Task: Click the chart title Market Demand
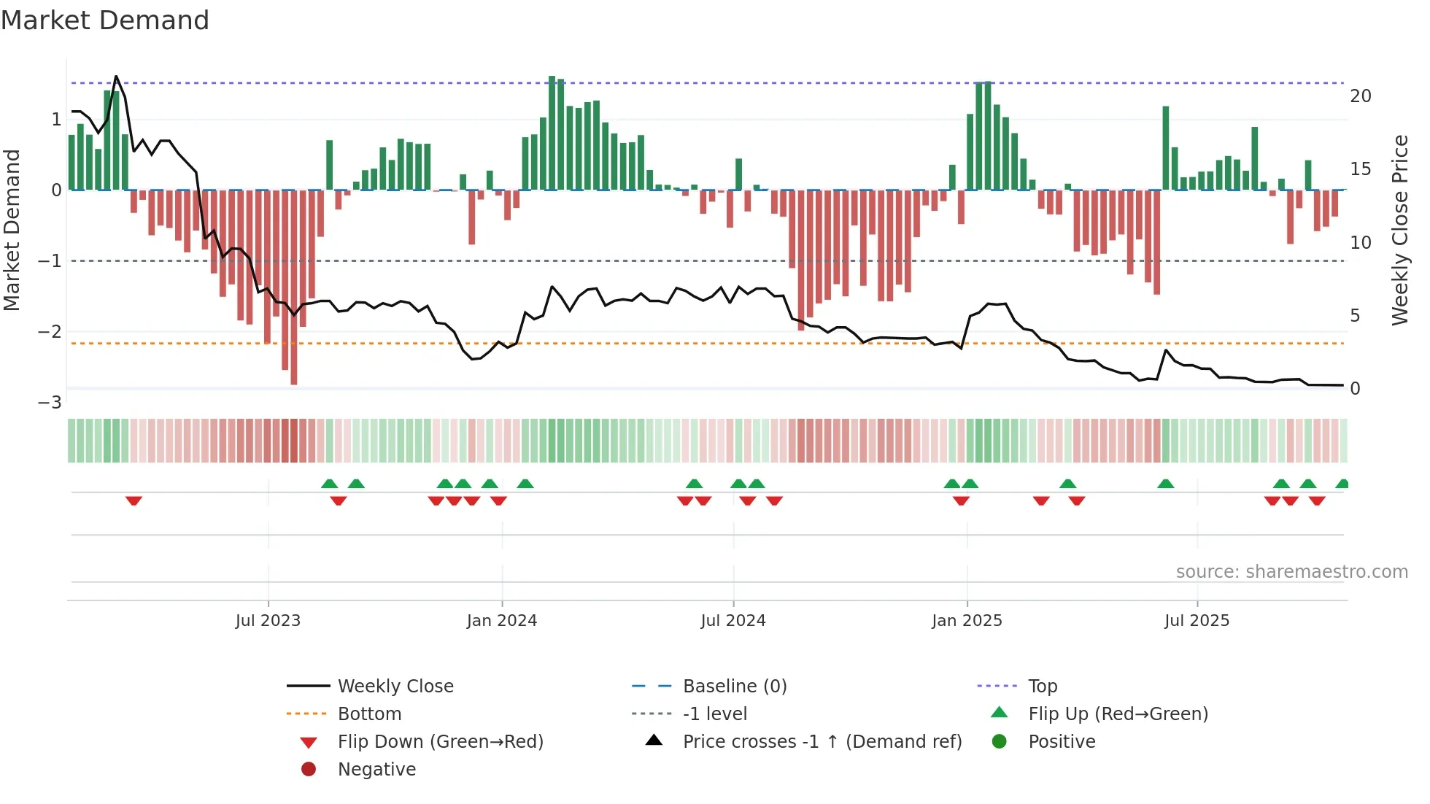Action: [105, 20]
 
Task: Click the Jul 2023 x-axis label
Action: [268, 621]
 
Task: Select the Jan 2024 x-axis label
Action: [502, 621]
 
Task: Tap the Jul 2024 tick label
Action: [733, 621]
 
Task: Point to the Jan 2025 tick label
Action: [967, 621]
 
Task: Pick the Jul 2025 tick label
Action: [1197, 621]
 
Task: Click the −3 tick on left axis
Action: [50, 403]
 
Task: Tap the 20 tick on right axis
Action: [1361, 96]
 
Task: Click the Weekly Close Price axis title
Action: [1399, 230]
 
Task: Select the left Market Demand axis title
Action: [12, 230]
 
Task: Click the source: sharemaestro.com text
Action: [1291, 572]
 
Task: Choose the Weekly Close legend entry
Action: [395, 687]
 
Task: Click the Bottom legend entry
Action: [369, 714]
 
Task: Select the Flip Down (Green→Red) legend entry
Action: [440, 742]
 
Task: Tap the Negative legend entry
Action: [376, 770]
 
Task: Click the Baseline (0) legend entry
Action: [734, 687]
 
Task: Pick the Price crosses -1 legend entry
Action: [822, 742]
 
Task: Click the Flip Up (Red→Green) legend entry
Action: [1118, 714]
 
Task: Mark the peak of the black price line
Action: [117, 77]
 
